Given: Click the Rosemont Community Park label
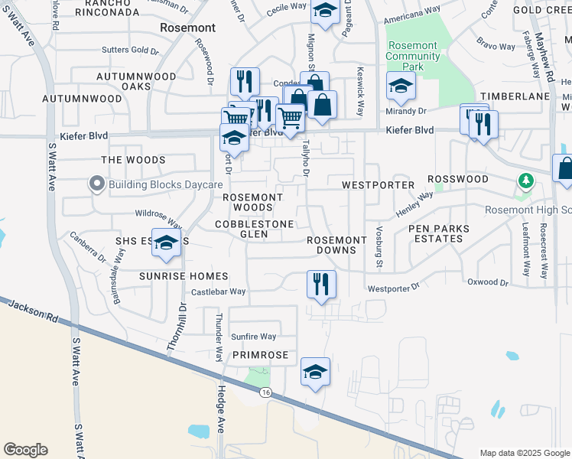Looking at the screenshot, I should click(413, 56).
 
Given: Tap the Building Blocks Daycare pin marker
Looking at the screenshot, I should click(96, 184).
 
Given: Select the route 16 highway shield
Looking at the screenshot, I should click(265, 392).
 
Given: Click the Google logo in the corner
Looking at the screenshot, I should click(25, 450).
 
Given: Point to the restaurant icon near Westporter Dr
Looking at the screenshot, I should click(321, 284).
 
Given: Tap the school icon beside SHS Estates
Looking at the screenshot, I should click(166, 243).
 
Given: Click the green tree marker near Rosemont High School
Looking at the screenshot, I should click(525, 181).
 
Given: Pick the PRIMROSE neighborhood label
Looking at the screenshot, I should click(261, 356).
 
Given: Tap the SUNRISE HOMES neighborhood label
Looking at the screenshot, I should click(184, 275).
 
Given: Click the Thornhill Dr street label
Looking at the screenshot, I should click(175, 327).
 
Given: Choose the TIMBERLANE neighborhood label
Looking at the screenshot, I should click(521, 96).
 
